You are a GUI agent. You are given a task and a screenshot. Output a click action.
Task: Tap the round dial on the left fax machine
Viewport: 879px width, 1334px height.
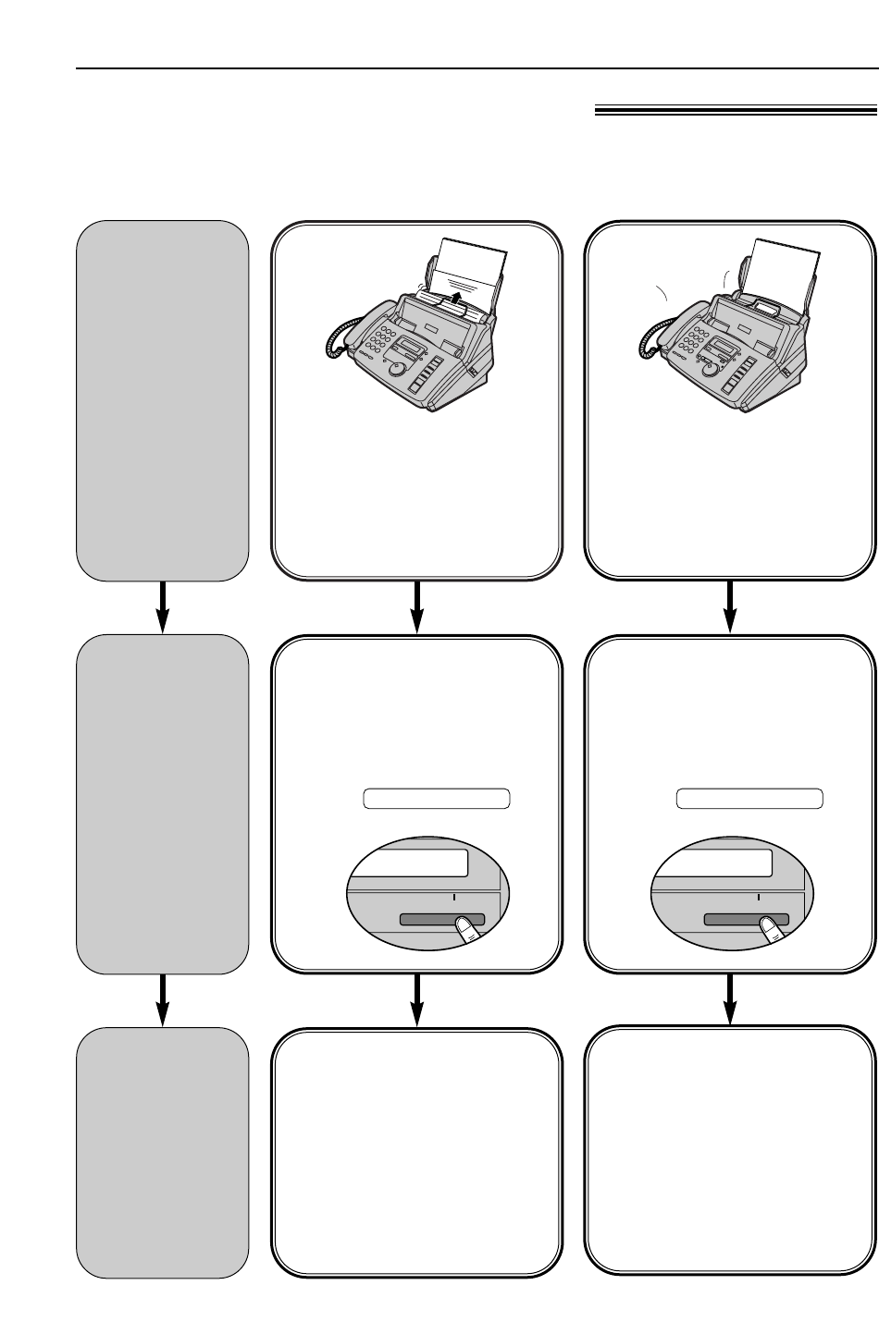[x=398, y=368]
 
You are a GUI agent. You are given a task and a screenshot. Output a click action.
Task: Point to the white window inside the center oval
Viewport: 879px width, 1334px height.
[x=410, y=864]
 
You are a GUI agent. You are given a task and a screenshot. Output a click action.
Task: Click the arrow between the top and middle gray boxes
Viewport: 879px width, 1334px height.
[x=164, y=607]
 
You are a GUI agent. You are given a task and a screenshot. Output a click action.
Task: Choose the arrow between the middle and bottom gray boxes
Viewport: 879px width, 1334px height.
[x=164, y=999]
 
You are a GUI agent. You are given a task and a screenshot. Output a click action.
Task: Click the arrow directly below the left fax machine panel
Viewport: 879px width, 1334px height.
[x=417, y=607]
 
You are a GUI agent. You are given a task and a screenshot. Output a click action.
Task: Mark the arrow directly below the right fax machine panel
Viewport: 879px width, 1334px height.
[x=731, y=607]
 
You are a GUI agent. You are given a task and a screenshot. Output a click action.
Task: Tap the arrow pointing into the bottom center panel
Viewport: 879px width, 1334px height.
[x=417, y=999]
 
